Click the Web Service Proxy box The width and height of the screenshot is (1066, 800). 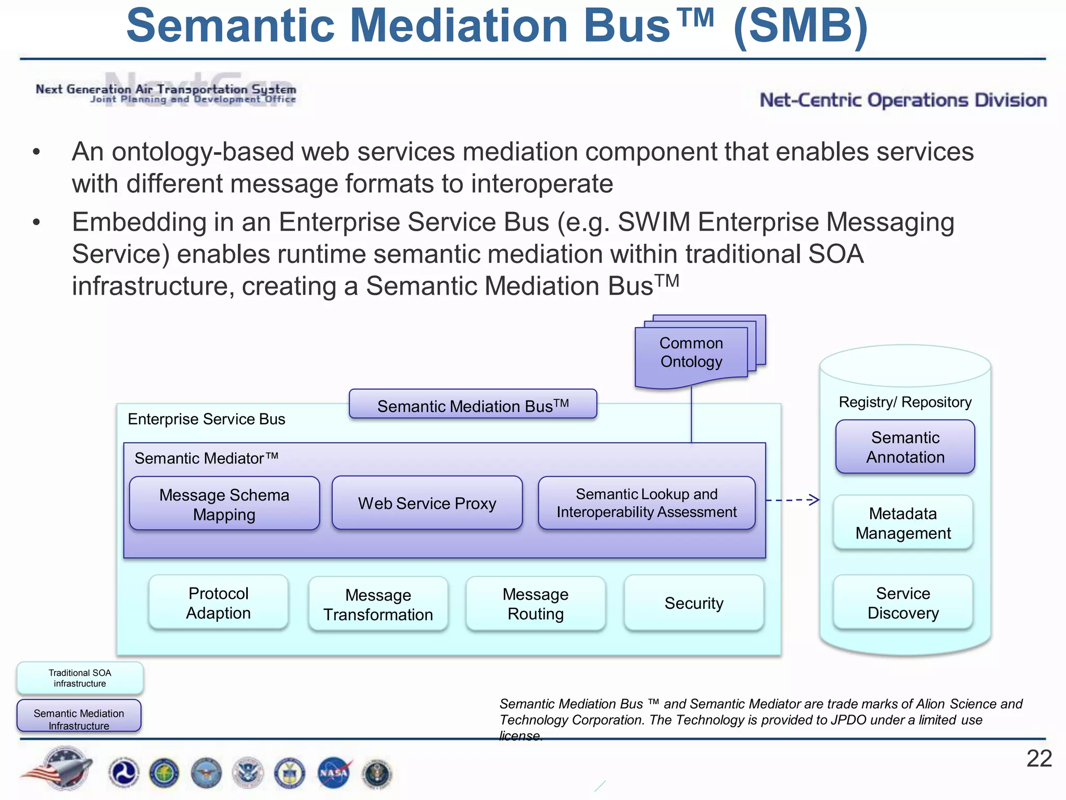click(427, 503)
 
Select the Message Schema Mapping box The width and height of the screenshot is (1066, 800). click(224, 504)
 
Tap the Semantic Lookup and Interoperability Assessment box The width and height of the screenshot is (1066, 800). click(646, 503)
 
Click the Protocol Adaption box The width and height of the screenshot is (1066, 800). click(218, 603)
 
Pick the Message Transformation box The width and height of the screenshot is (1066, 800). click(378, 604)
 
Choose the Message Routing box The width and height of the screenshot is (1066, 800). click(536, 604)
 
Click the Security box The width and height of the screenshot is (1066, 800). click(694, 603)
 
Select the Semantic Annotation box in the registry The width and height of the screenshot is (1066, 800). click(905, 447)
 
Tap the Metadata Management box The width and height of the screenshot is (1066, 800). click(903, 523)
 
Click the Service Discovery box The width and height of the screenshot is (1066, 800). click(903, 603)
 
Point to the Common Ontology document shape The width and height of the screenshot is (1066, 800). click(691, 354)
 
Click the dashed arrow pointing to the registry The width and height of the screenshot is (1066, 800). click(792, 500)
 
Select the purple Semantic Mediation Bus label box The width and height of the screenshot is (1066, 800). click(473, 405)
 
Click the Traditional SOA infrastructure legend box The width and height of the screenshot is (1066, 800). click(80, 678)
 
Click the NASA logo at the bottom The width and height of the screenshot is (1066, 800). click(334, 772)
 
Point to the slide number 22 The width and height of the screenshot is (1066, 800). click(1038, 758)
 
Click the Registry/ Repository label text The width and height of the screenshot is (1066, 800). click(905, 402)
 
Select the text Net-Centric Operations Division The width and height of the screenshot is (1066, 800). click(903, 100)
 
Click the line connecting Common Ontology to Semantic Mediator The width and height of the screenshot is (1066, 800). click(691, 417)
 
